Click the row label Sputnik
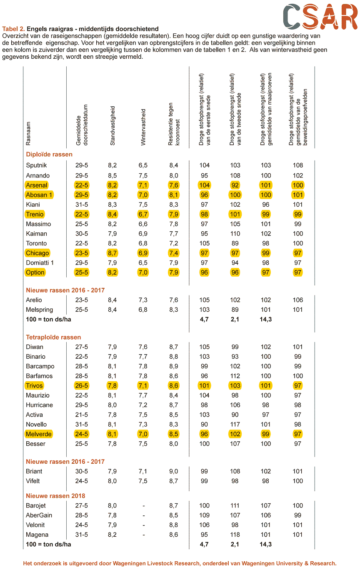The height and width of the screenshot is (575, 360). coord(36,165)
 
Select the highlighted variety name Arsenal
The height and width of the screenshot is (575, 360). coord(37,185)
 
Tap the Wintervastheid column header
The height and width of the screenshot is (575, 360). coord(143,127)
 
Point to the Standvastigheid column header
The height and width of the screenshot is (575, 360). coord(112,126)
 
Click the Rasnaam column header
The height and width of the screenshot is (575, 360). coord(28,133)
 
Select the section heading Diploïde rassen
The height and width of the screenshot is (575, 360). coord(49,154)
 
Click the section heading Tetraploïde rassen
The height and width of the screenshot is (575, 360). coord(53,337)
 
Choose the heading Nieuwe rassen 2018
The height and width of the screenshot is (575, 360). coord(55,496)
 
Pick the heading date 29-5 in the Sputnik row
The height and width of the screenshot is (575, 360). coord(82,165)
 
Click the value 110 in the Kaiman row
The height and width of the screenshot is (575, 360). coord(235,234)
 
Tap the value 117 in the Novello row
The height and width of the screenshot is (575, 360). coord(235,424)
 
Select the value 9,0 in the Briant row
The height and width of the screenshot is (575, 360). coord(174,471)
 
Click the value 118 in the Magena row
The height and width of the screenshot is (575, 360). coord(235,535)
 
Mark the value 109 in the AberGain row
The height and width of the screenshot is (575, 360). coord(205,515)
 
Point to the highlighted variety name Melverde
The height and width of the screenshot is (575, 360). coord(39,434)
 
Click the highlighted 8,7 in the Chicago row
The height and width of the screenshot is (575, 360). coord(112,253)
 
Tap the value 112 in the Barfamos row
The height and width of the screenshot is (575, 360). coord(235,376)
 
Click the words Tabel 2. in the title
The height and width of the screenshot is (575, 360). coord(13,29)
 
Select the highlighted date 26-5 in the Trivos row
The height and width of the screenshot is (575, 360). coord(82,385)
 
